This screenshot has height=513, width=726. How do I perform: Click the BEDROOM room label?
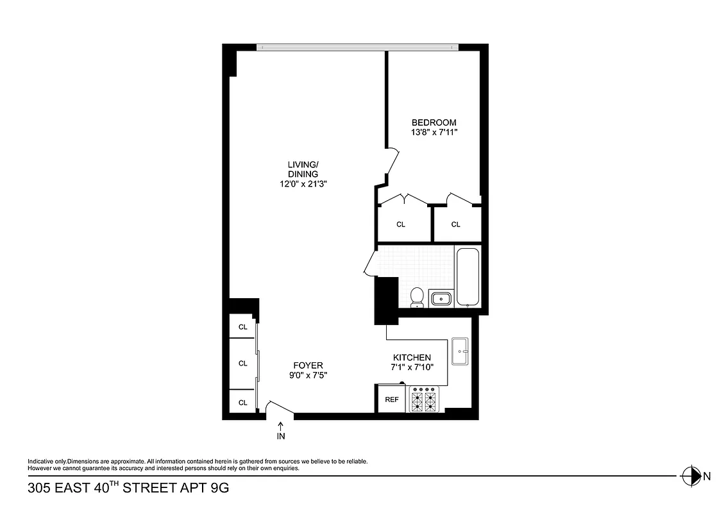tap(434, 122)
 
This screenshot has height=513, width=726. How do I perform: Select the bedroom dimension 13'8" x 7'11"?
tap(434, 133)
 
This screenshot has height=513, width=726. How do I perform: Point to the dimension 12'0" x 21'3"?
tap(303, 184)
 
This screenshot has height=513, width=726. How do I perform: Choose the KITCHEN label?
tap(412, 357)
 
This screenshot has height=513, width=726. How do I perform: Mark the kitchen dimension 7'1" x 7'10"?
tap(412, 367)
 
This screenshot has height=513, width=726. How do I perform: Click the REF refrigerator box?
tap(391, 399)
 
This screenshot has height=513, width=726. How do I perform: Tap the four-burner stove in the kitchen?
tap(424, 398)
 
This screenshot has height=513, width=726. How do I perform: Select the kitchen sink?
tap(460, 351)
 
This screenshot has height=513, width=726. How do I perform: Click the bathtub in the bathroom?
tap(468, 277)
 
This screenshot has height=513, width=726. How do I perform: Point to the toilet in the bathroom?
tap(417, 298)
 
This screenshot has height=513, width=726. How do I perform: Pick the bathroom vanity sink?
tap(441, 299)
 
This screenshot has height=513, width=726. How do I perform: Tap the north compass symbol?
tap(691, 476)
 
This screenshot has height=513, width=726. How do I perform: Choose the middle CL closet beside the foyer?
tap(242, 363)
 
